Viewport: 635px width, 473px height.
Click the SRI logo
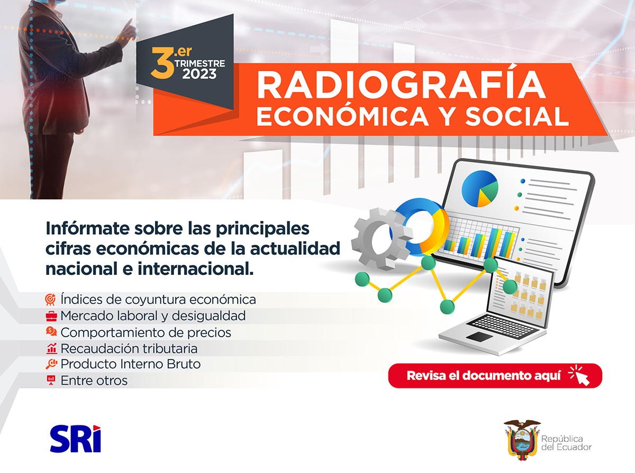point(76,438)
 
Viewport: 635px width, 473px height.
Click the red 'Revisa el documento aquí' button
point(495,376)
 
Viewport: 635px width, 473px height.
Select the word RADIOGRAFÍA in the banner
point(401,85)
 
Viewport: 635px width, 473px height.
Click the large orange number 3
point(162,63)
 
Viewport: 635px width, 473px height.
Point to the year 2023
point(199,74)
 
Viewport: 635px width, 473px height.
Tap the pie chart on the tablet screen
point(479,189)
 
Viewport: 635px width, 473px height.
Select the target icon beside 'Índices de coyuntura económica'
point(51,300)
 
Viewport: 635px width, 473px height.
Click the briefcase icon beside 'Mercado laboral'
point(51,316)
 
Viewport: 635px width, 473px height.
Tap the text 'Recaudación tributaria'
point(129,348)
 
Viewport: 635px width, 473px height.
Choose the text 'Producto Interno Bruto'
point(131,364)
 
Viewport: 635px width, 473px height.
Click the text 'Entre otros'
point(94,381)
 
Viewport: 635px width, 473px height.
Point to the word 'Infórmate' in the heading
point(87,228)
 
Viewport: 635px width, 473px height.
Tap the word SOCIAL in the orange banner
point(517,116)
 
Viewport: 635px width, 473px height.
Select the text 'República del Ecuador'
point(566,443)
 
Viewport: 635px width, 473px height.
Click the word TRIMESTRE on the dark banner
point(200,63)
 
